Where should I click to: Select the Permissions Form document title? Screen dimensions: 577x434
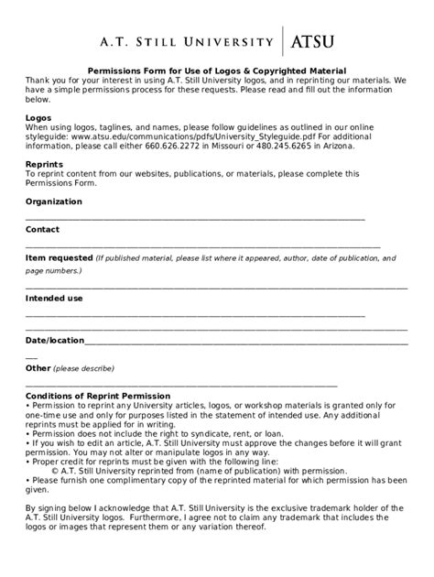point(216,71)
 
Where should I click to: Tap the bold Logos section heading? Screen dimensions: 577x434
point(38,118)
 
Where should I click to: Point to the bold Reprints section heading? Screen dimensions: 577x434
point(44,163)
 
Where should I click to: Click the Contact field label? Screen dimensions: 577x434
point(42,229)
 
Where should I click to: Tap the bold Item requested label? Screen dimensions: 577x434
point(59,258)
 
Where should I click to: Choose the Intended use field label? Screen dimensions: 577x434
point(54,299)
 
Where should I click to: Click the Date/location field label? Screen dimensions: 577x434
point(54,340)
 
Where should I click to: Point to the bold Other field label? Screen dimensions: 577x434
point(38,368)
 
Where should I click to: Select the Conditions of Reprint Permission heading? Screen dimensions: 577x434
point(97,396)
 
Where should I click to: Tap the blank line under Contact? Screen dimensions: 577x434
point(202,246)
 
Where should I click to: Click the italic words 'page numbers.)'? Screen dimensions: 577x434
point(53,271)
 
